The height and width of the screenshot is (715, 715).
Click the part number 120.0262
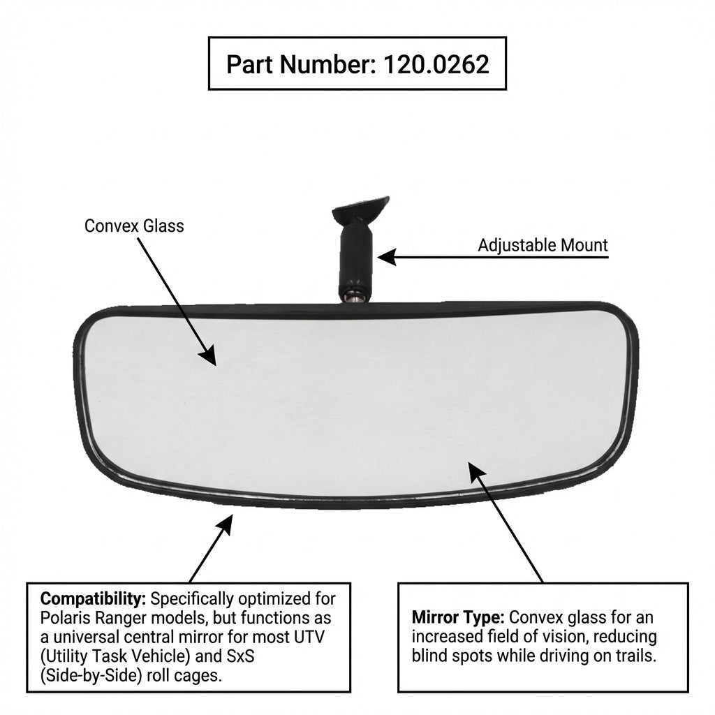(436, 64)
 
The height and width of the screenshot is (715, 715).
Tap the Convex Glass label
(134, 226)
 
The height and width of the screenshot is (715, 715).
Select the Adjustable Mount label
(543, 245)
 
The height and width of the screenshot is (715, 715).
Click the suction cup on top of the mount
(361, 208)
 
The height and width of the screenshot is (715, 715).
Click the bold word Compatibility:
(93, 598)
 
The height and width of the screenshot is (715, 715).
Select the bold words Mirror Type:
(458, 617)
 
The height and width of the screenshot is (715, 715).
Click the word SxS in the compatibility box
(241, 656)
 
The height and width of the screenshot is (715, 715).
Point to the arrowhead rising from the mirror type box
(477, 473)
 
